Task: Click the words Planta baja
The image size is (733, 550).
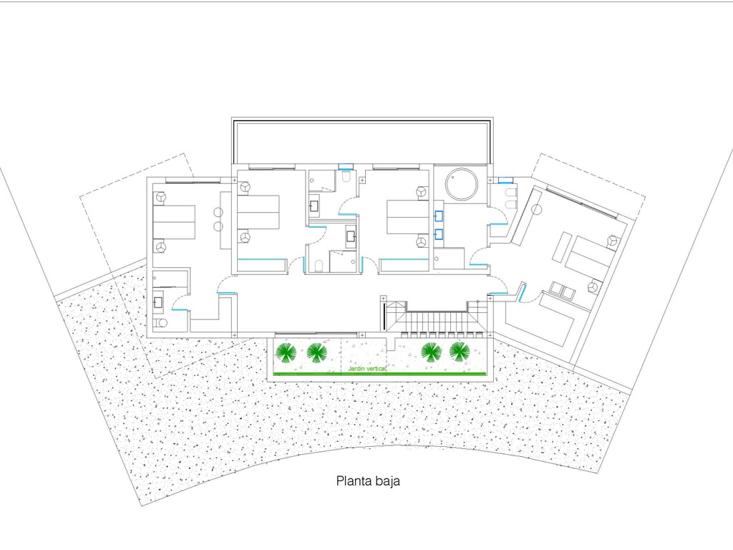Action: point(368,481)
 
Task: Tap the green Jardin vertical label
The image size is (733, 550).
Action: point(367,369)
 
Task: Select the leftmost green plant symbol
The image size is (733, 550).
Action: point(285,352)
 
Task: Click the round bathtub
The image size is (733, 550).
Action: point(462,184)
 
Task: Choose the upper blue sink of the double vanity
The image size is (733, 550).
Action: point(439,216)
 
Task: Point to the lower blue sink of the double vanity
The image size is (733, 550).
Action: point(439,234)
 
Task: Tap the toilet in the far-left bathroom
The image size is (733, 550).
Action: point(160,323)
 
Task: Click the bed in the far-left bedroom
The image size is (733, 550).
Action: point(174,222)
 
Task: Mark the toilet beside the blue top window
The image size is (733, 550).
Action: point(346,178)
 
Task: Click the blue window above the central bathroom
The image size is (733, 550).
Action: point(346,165)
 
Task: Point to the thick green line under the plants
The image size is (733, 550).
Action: point(379,374)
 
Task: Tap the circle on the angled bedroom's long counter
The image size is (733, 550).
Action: point(536,208)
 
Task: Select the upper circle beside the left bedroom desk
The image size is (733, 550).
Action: point(218,213)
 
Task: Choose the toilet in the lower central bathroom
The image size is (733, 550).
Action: point(319,266)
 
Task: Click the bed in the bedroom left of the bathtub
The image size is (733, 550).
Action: point(407,217)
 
